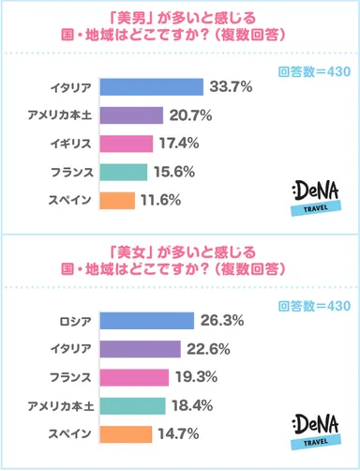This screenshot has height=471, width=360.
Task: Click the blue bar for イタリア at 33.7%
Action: [x=150, y=87]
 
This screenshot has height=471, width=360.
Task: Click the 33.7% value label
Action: [x=232, y=87]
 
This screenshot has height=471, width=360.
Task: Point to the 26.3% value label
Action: [x=222, y=321]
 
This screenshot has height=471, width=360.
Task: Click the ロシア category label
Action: [x=74, y=321]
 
